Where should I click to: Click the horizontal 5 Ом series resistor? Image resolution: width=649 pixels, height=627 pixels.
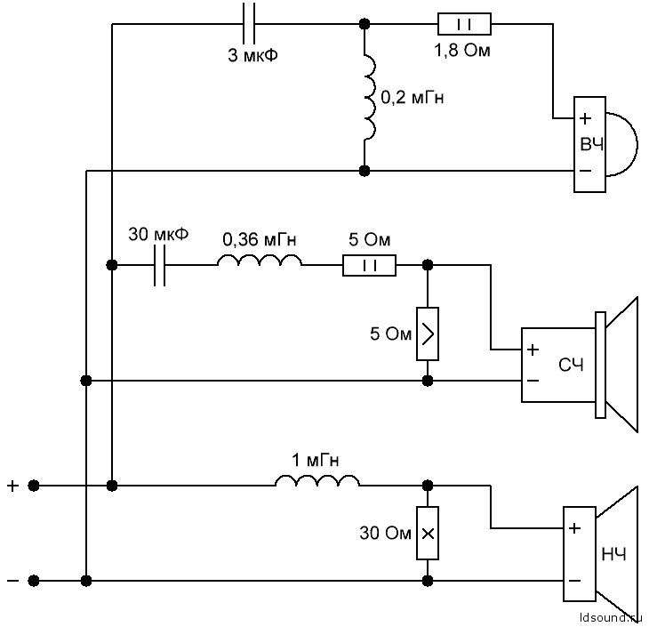369,265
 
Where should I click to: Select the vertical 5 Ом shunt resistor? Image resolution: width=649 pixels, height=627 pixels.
428,334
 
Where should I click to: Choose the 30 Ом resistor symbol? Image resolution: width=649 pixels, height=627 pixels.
428,534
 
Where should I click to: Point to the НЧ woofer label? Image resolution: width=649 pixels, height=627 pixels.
613,555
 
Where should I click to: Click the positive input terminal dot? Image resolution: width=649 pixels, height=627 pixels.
34,486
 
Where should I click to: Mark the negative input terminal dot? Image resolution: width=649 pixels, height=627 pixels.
34,581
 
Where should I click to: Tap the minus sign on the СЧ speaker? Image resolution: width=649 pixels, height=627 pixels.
533,380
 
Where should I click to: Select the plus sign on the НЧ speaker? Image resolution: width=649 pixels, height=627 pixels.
574,529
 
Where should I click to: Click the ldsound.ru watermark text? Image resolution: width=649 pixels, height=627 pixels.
609,615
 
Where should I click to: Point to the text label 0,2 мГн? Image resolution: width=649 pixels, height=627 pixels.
412,98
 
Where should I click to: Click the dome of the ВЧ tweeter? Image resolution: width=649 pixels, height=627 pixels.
622,144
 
